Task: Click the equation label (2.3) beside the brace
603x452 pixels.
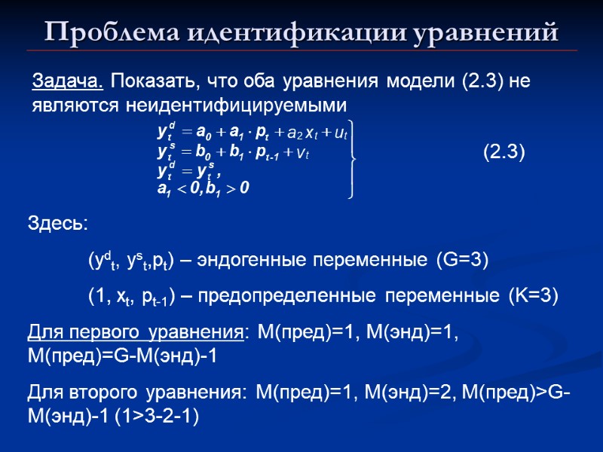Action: click(x=503, y=153)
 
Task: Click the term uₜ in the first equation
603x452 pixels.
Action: click(x=340, y=134)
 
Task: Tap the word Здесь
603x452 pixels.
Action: click(x=57, y=224)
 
